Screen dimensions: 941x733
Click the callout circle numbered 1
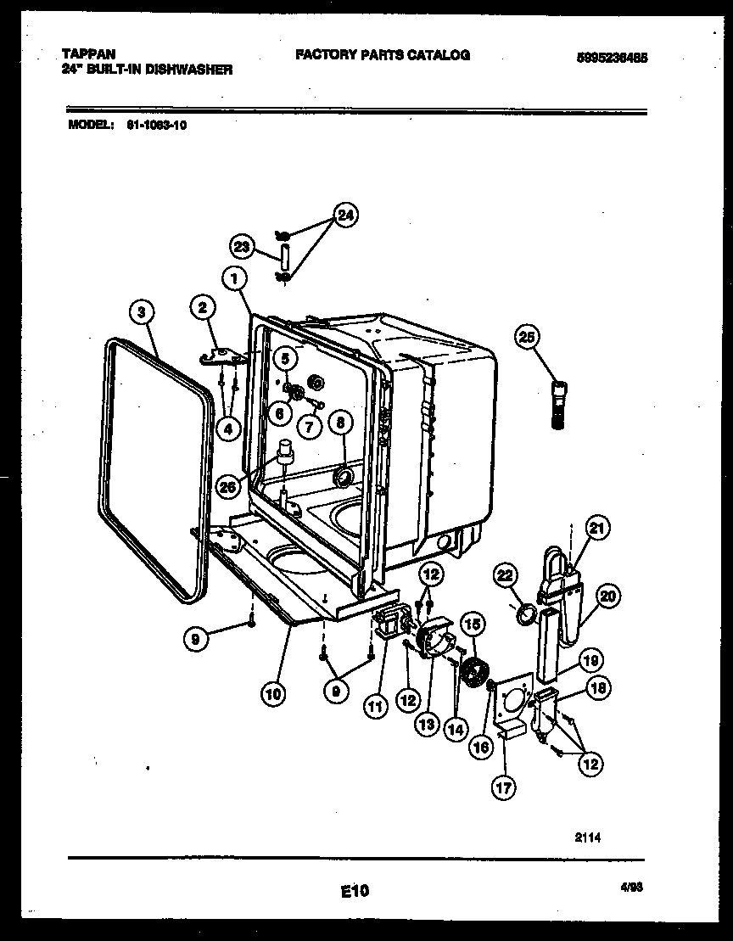coord(236,277)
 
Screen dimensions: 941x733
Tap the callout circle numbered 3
coord(143,311)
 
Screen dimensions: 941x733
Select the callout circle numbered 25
coord(527,339)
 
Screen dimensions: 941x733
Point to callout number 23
coord(241,247)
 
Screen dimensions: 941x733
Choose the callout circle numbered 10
coord(272,693)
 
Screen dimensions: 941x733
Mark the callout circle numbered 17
coord(503,787)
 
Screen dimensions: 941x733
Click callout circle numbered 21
coord(598,529)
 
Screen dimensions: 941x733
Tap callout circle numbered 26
coord(227,486)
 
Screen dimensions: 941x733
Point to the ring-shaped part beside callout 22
coord(527,613)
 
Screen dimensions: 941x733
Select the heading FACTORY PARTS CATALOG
coord(382,54)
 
